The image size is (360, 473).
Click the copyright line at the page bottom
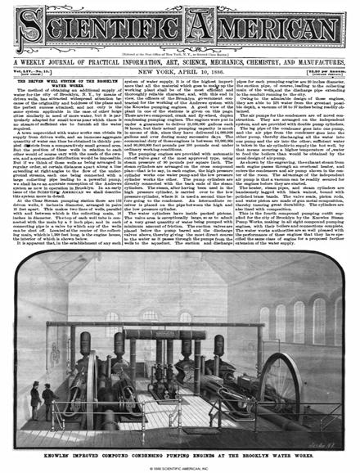coord(179,466)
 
